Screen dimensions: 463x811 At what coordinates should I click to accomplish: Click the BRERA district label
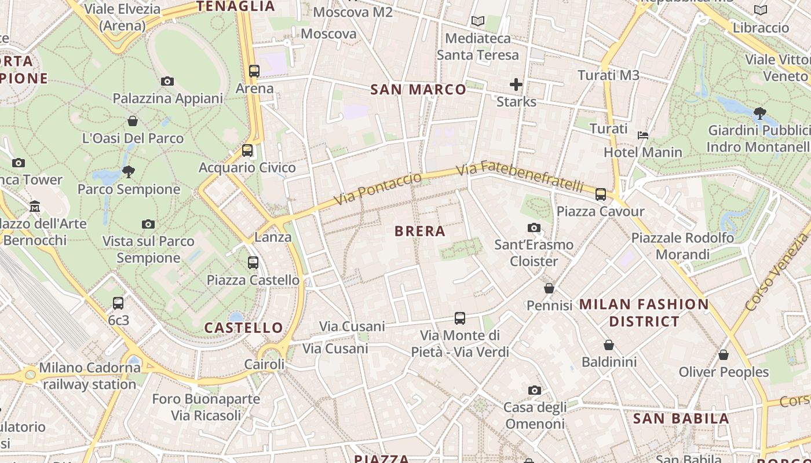tap(420, 231)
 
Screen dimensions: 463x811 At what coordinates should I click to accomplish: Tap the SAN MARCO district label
tap(418, 89)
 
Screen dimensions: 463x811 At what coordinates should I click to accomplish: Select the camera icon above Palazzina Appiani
tap(167, 81)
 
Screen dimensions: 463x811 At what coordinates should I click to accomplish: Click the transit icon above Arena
tap(254, 71)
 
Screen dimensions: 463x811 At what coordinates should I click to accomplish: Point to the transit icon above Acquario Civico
tap(247, 150)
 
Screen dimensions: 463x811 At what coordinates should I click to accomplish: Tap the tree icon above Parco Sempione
tap(129, 171)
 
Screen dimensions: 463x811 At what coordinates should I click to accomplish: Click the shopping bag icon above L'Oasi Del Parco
tap(133, 121)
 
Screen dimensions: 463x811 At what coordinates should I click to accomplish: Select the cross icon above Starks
tap(516, 84)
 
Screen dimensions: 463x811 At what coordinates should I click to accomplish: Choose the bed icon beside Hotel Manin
tap(643, 135)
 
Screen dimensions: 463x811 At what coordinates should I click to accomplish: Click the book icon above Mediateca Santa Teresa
tap(477, 21)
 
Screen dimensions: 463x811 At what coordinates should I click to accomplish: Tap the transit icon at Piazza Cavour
tap(601, 194)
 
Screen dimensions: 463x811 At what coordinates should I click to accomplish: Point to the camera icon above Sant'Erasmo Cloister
tap(534, 227)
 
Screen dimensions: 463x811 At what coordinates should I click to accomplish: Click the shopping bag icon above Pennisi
tap(549, 288)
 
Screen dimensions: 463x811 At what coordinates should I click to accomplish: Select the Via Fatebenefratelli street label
tap(520, 177)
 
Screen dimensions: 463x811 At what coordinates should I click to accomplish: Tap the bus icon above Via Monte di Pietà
tap(460, 318)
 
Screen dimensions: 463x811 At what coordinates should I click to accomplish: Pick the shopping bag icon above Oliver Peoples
tap(723, 355)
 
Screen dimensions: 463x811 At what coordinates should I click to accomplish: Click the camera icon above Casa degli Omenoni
tap(534, 391)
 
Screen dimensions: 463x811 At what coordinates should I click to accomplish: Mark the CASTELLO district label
tap(244, 328)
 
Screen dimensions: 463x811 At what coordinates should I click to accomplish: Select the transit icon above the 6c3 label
tap(118, 303)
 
